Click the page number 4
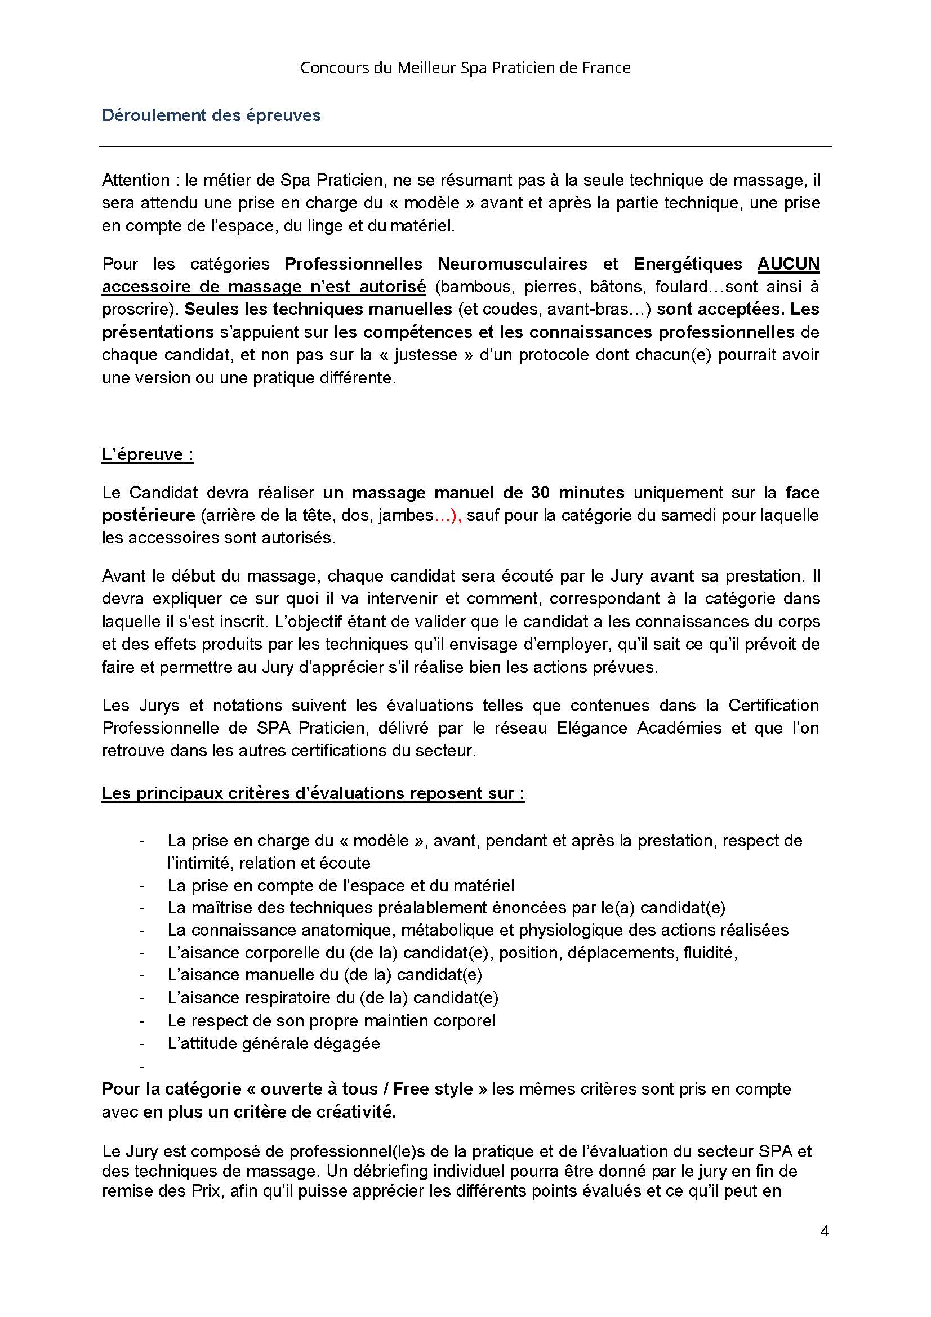pos(825,1231)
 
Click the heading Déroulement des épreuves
pos(211,115)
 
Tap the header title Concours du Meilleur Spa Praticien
pos(465,68)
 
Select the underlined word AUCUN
pos(788,264)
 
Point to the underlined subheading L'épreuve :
pos(148,454)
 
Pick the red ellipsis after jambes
pos(447,515)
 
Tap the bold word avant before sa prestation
pos(672,575)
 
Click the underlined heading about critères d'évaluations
pos(313,793)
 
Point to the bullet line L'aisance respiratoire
pos(333,998)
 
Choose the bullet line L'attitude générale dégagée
pos(274,1043)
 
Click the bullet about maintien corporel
pos(332,1020)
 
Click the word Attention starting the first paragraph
pos(136,180)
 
